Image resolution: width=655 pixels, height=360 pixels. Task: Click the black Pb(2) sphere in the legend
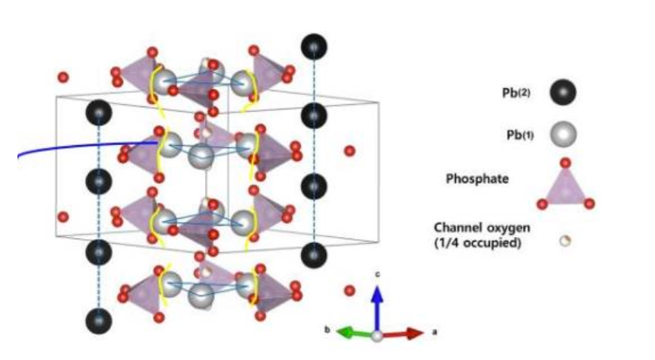pos(563,93)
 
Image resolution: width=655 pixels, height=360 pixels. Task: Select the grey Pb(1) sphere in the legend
pos(563,134)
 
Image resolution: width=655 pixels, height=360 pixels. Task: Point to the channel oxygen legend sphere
pos(565,241)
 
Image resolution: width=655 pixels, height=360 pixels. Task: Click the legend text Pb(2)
pos(516,93)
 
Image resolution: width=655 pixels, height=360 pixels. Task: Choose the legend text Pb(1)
pos(520,135)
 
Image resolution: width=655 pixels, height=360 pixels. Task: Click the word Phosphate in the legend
pos(477,178)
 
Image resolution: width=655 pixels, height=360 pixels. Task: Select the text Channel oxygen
pos(482,228)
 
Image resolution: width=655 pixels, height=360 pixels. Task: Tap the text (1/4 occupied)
pos(478,242)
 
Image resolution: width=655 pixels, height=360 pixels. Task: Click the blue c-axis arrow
pos(377,309)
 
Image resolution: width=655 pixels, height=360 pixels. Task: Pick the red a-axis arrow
pos(403,333)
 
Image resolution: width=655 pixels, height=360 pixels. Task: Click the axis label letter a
pos(435,333)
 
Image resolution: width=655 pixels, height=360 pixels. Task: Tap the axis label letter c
pos(377,274)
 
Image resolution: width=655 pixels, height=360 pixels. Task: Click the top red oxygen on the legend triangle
pos(565,163)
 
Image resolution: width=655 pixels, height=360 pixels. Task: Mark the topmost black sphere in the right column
pos(314,46)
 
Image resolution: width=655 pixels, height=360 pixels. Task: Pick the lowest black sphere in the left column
pos(99,321)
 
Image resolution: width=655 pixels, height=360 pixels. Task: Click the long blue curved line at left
pos(84,145)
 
